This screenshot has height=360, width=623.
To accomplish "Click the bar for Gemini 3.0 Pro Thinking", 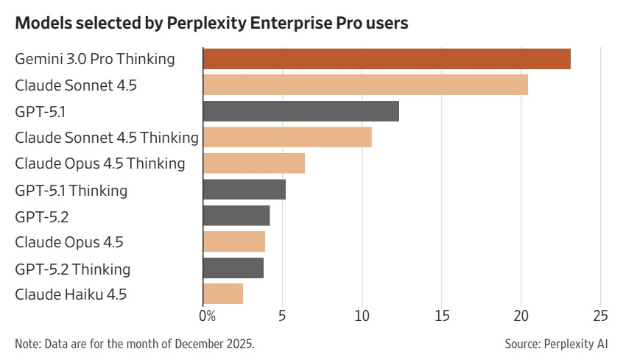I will pyautogui.click(x=387, y=59).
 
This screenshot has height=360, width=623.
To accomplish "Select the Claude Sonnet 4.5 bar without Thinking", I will pyautogui.click(x=365, y=85).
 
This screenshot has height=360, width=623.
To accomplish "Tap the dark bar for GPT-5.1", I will pyautogui.click(x=300, y=111).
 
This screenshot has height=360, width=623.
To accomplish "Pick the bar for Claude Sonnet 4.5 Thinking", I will pyautogui.click(x=287, y=137).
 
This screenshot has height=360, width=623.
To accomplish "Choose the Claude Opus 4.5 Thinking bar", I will pyautogui.click(x=253, y=163).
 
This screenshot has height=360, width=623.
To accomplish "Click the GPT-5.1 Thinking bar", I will pyautogui.click(x=244, y=190).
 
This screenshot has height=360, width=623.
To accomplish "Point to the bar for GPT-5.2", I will pyautogui.click(x=236, y=216).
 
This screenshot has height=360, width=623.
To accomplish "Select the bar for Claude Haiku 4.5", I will pyautogui.click(x=223, y=294).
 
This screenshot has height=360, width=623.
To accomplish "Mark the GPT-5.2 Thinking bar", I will pyautogui.click(x=233, y=268).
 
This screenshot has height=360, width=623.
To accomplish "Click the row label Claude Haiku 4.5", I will pyautogui.click(x=71, y=294).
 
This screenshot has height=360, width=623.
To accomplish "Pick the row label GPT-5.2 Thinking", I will pyautogui.click(x=73, y=269).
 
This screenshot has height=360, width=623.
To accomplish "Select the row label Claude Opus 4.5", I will pyautogui.click(x=70, y=242).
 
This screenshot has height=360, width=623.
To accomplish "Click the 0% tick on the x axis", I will pyautogui.click(x=208, y=317).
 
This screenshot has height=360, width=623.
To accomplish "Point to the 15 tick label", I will pyautogui.click(x=441, y=317).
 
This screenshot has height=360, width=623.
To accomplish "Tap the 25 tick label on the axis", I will pyautogui.click(x=600, y=317).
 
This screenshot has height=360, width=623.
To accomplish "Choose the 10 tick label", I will pyautogui.click(x=362, y=317).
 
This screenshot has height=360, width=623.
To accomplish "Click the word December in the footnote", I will pyautogui.click(x=194, y=344).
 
